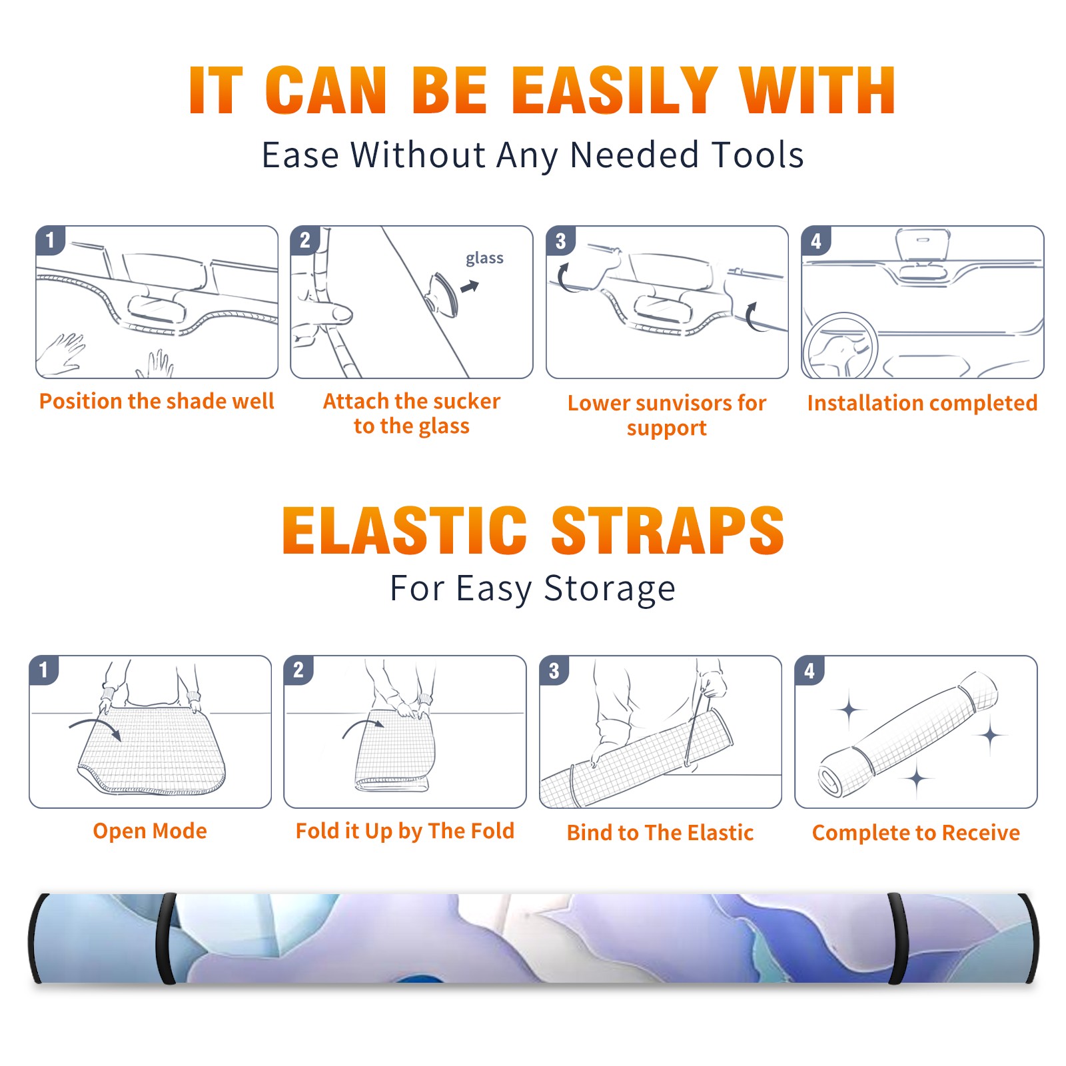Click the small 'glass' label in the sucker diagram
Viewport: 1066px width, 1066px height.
coord(484,258)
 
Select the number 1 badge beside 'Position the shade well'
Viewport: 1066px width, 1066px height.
coord(50,239)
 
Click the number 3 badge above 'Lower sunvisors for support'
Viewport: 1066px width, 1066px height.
coord(560,241)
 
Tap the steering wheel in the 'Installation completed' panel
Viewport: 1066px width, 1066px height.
coord(840,346)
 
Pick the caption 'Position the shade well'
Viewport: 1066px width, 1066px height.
coord(157,401)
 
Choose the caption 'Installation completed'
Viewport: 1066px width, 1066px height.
coord(922,402)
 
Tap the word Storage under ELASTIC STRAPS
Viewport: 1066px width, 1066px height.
coord(610,589)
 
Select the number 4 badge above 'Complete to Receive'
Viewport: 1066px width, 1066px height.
coord(809,670)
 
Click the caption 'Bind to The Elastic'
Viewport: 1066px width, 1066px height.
coord(660,833)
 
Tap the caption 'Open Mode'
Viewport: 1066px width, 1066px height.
coord(150,831)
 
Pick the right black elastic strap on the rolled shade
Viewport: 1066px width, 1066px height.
coord(897,938)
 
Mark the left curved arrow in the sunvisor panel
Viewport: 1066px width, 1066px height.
coord(564,278)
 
